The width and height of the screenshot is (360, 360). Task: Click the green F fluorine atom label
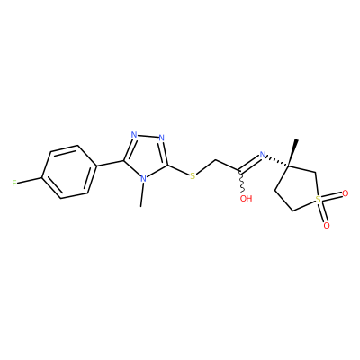click(x=14, y=184)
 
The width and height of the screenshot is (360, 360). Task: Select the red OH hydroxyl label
click(x=246, y=198)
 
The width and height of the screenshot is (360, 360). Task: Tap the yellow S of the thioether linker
click(x=193, y=176)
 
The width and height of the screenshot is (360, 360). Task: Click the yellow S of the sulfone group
click(x=318, y=199)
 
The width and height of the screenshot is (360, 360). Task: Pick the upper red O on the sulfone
click(x=346, y=193)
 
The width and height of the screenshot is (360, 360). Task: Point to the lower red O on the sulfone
click(x=327, y=225)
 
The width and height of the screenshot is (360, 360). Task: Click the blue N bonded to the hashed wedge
click(x=263, y=155)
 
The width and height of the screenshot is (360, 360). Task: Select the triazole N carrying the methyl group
click(x=144, y=179)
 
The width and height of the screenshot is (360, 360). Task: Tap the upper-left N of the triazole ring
click(x=134, y=135)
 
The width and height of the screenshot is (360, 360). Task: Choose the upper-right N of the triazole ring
click(x=162, y=138)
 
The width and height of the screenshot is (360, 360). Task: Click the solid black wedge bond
click(x=292, y=152)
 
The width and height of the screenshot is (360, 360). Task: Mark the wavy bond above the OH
click(x=242, y=182)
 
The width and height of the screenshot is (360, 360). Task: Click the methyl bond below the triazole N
click(x=142, y=195)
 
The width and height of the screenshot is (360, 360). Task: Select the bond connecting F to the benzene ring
click(x=30, y=180)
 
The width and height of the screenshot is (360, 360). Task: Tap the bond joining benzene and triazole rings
click(x=110, y=163)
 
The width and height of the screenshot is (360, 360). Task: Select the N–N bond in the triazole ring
click(x=148, y=137)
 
